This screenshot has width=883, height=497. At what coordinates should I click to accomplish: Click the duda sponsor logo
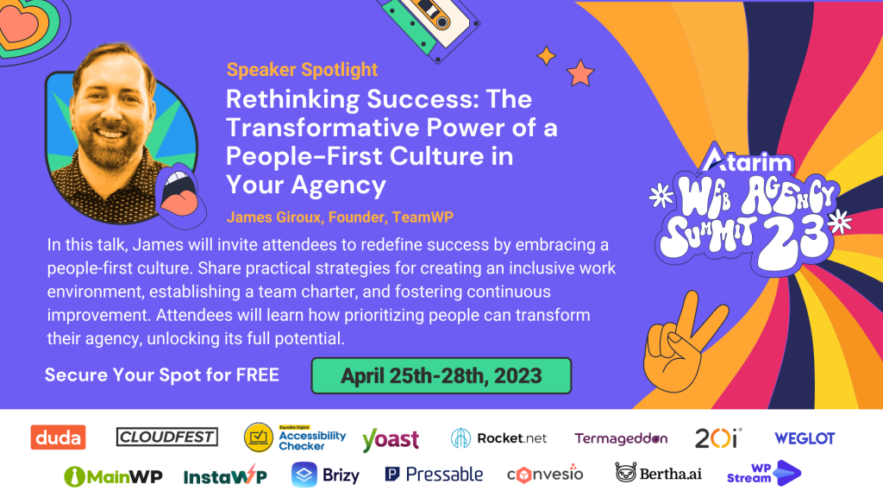pos(58,437)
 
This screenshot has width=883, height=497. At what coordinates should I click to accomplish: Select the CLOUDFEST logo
pos(166,437)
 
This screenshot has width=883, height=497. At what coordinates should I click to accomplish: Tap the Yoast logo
pos(391,439)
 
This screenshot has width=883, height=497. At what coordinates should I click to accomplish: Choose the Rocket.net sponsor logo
pos(499,438)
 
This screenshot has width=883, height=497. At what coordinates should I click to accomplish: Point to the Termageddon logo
pos(621,438)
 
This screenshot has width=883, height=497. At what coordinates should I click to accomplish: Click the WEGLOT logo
pos(805,438)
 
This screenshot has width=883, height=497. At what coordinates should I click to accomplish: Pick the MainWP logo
pos(113,476)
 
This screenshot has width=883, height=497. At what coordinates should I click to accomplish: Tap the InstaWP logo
pos(225,475)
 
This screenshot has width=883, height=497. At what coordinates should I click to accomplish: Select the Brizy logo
pos(325,475)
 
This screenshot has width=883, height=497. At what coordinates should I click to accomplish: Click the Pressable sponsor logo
pos(434,475)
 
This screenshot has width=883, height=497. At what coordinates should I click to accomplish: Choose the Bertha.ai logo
pos(658,474)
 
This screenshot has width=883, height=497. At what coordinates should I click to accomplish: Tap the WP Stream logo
pos(764,474)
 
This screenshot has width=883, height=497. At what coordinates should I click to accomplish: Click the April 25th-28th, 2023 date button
pos(441,376)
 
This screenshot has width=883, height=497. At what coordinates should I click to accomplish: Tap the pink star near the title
pos(580,72)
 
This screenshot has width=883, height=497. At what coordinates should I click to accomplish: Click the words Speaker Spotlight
pos(302,70)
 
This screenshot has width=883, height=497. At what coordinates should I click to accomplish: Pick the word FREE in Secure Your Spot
pos(257,375)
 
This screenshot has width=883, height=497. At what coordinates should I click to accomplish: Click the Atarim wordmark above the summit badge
pos(746,160)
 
